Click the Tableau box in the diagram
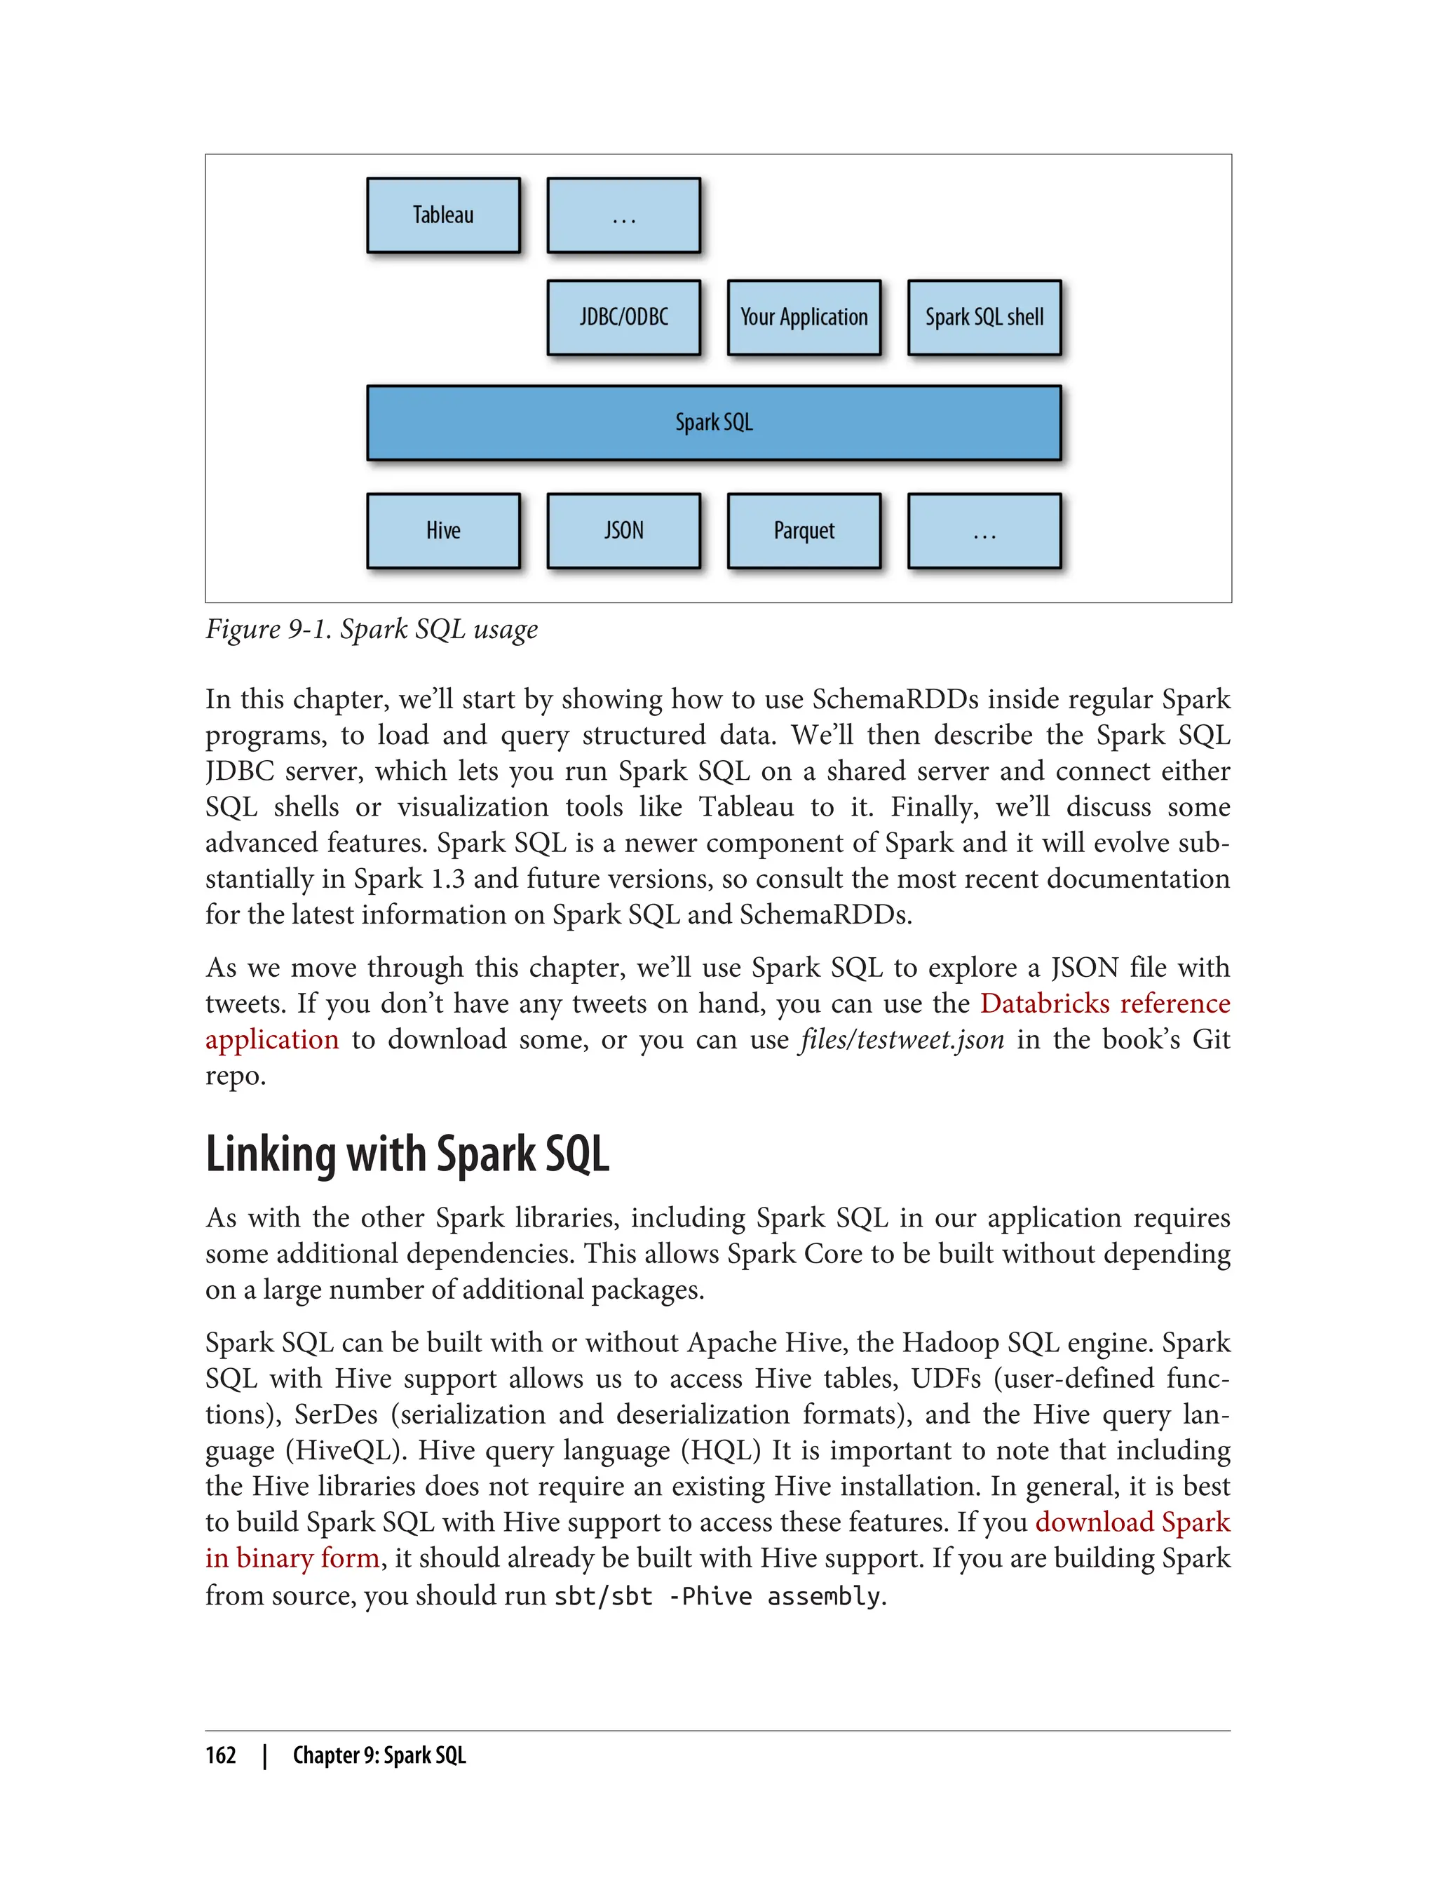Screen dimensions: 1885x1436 (442, 215)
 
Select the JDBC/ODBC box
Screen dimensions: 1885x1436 (623, 317)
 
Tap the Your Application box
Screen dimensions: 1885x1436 (804, 317)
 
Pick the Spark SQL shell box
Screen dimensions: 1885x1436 (984, 317)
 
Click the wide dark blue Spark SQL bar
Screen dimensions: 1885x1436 (714, 422)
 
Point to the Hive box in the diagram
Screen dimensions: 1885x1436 (442, 530)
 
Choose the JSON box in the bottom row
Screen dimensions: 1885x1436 (623, 530)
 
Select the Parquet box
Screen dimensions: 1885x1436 (804, 530)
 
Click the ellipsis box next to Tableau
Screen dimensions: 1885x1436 (623, 215)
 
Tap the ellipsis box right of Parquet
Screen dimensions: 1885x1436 (984, 530)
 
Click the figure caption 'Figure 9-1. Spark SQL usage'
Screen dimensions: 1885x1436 (371, 629)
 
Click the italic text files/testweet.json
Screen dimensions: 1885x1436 (902, 1039)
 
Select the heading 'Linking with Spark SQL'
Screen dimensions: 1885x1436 (407, 1154)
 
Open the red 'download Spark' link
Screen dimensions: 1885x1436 (1132, 1522)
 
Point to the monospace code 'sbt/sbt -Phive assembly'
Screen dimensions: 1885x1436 (717, 1595)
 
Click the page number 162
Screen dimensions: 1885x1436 (221, 1755)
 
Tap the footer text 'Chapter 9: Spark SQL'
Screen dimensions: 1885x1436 (379, 1755)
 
